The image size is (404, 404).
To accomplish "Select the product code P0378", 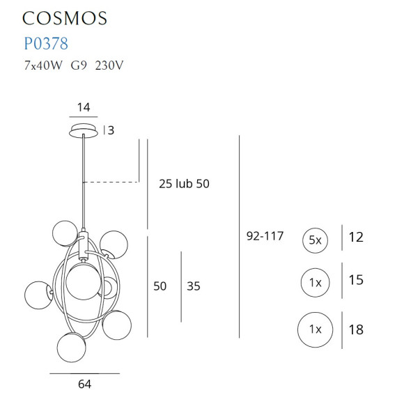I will click(45, 44).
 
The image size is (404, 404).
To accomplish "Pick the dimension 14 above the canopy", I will click(84, 108).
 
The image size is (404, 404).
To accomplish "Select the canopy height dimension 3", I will click(110, 130).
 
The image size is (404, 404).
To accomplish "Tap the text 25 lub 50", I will click(184, 184).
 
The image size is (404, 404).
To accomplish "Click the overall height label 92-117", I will click(265, 236).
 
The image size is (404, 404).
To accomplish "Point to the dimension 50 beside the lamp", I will click(160, 286).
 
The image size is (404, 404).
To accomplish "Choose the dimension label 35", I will click(193, 286).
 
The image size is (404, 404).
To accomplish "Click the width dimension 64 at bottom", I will click(84, 384).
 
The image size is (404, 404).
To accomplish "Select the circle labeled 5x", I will click(315, 240).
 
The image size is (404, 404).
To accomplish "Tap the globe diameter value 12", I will click(356, 238).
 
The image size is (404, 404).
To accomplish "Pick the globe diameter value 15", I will click(356, 281).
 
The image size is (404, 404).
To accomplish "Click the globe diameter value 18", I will click(356, 329).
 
